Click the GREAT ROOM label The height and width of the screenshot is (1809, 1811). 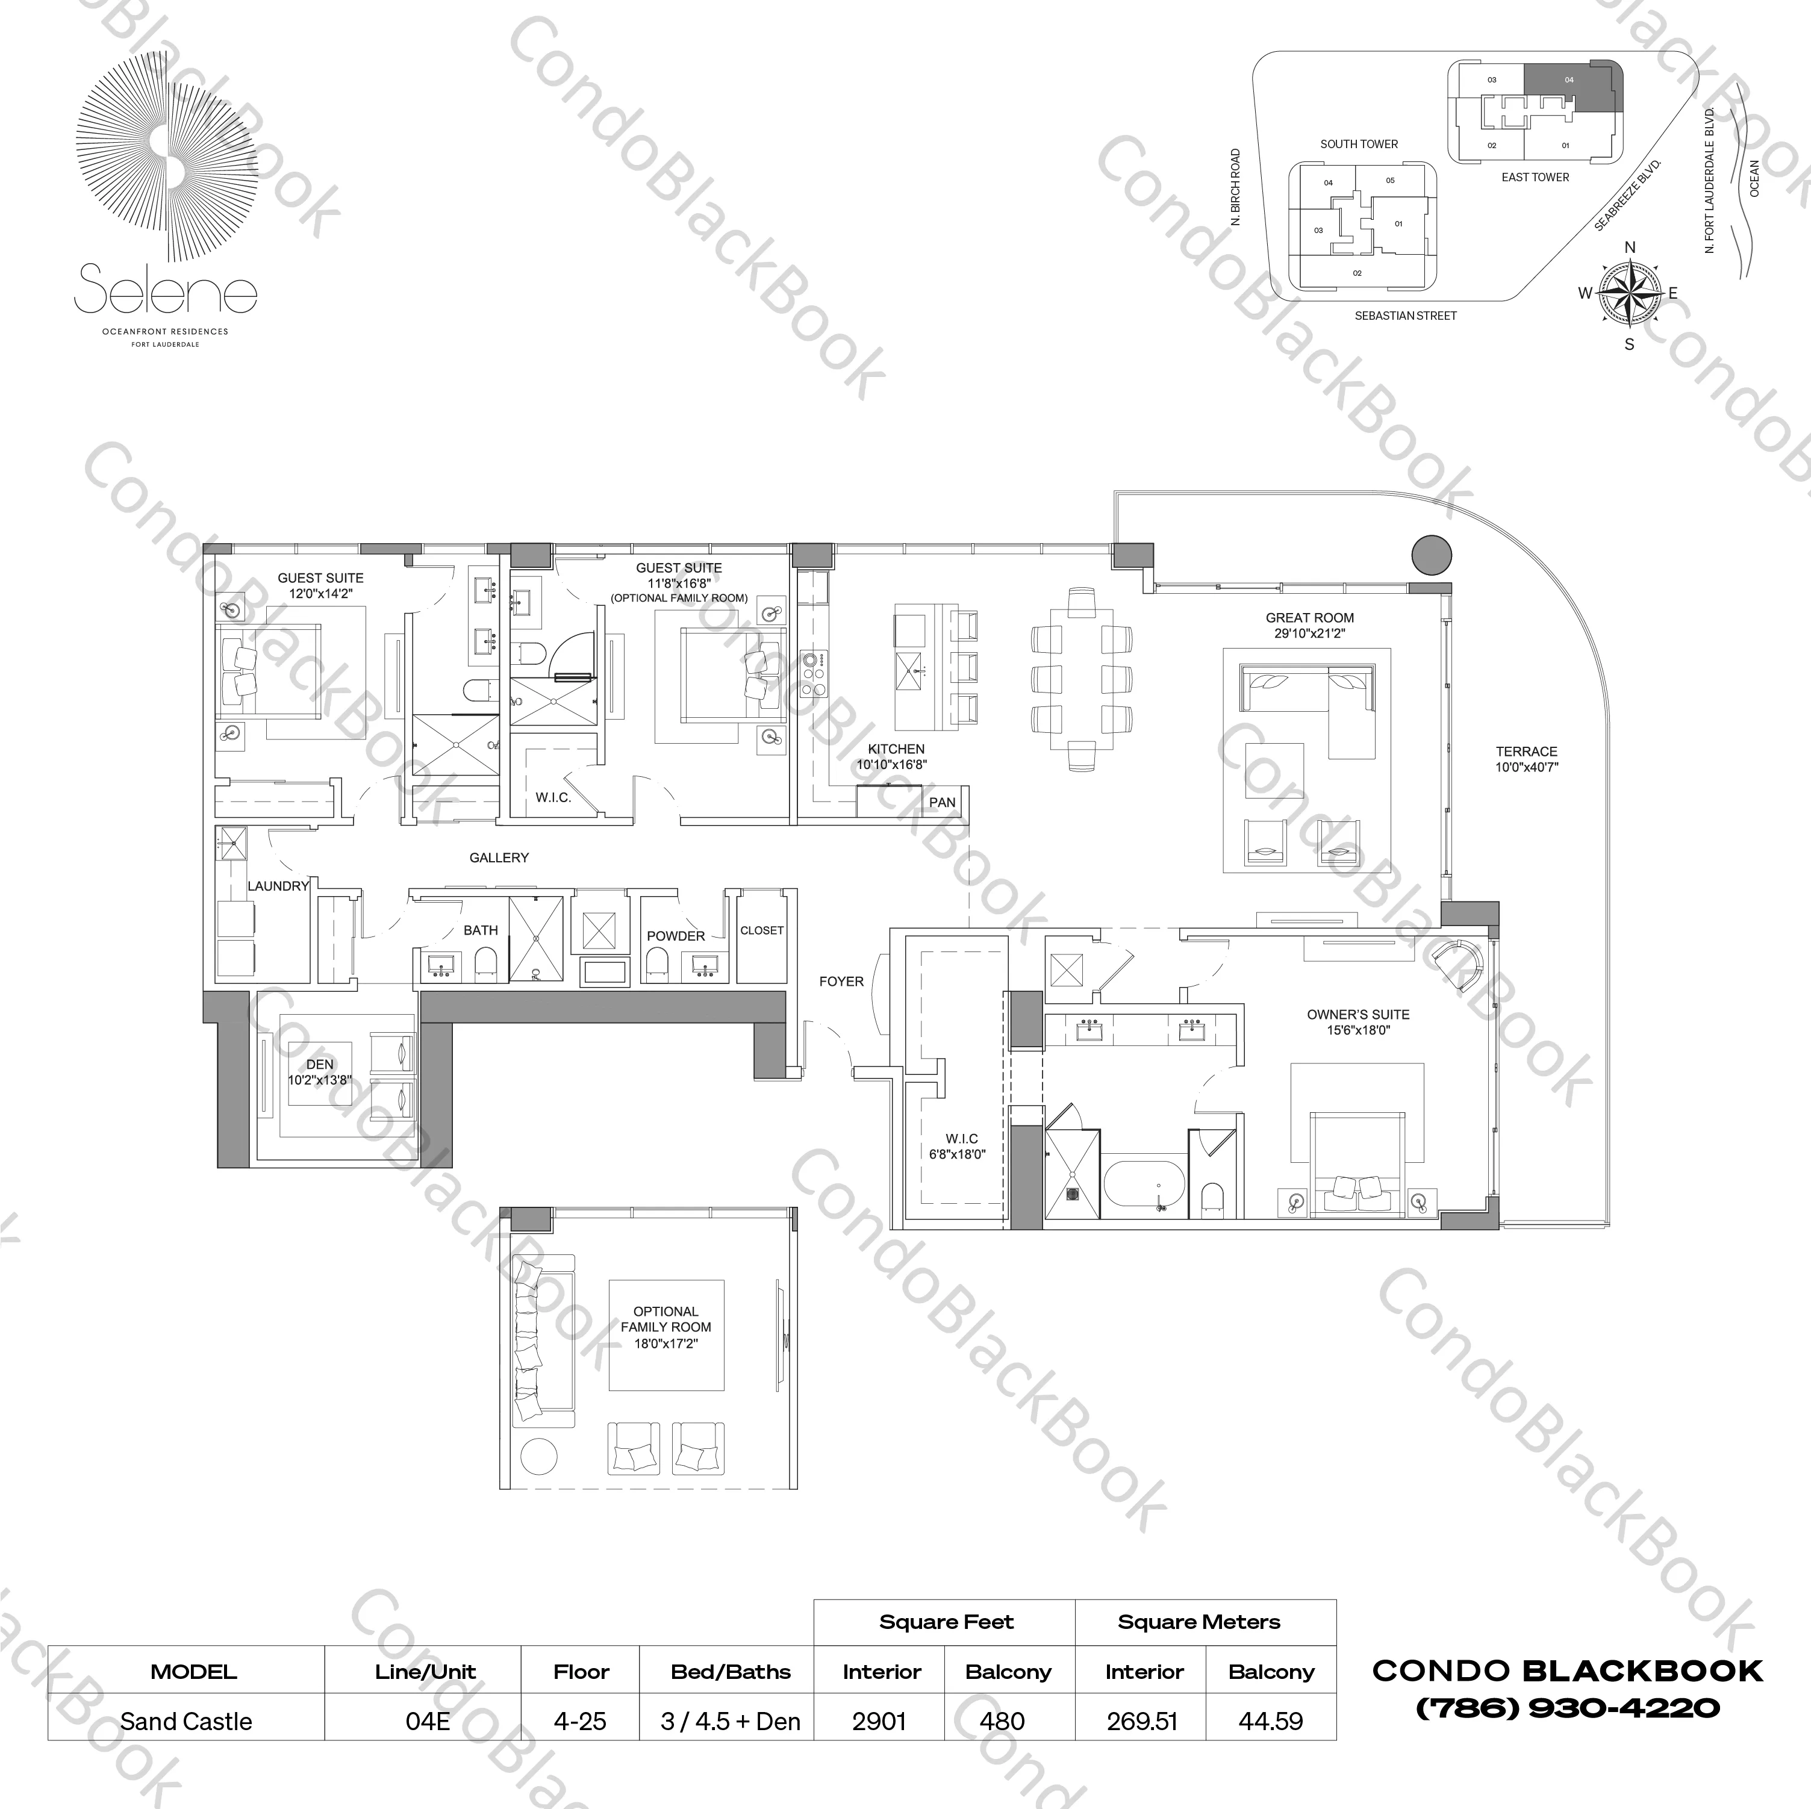[1309, 618]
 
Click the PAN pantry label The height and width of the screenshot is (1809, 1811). [942, 802]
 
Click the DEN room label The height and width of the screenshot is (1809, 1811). [320, 1064]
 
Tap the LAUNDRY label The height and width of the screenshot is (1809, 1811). [278, 886]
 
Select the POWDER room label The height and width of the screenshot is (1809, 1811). [675, 935]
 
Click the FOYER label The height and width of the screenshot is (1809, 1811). [841, 982]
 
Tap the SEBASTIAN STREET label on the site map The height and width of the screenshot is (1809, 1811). [1405, 316]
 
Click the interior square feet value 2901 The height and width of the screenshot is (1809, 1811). [879, 1721]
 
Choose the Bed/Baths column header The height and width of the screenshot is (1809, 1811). [730, 1671]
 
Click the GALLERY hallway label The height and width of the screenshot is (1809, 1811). [499, 858]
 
